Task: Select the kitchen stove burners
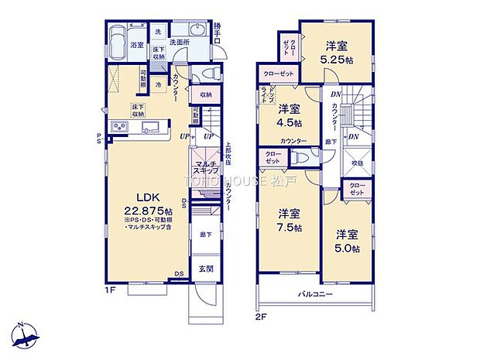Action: pyautogui.click(x=122, y=128)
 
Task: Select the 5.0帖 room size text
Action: pyautogui.click(x=348, y=248)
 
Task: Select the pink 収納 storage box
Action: pyautogui.click(x=205, y=95)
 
